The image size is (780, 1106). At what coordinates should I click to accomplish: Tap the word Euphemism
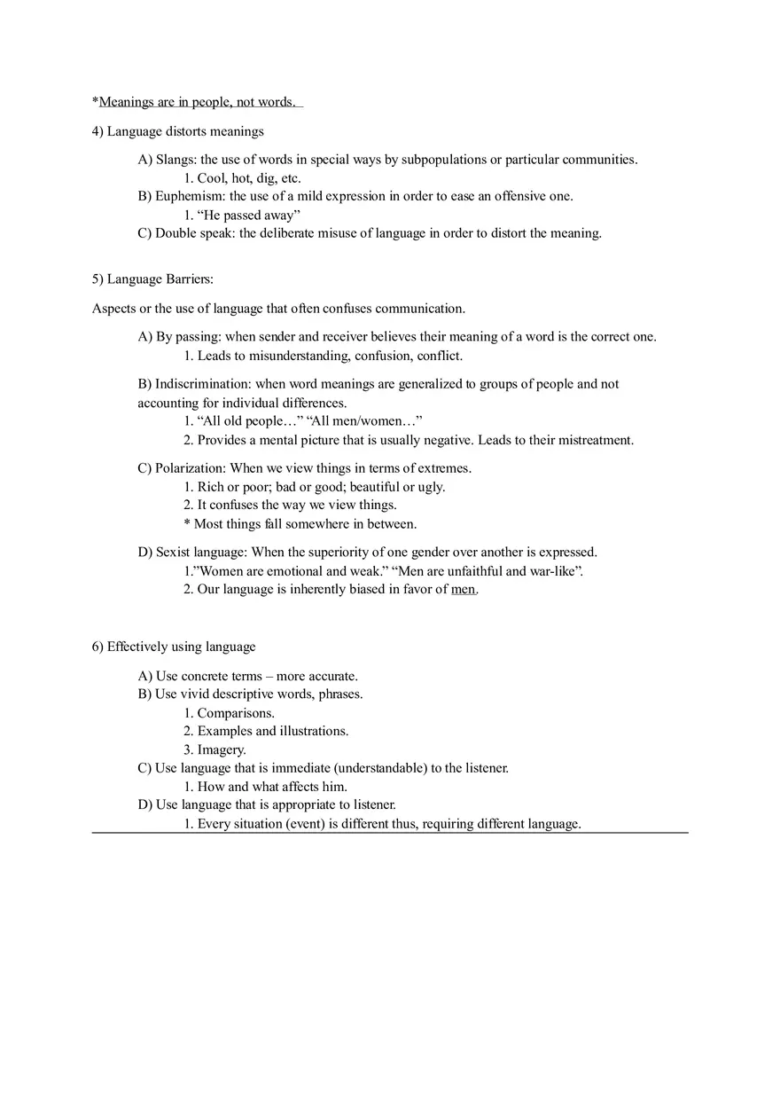[189, 196]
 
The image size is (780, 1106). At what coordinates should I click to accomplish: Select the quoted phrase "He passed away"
[249, 215]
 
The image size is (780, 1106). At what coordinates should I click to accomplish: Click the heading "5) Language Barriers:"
[152, 279]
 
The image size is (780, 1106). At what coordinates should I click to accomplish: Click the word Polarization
[191, 468]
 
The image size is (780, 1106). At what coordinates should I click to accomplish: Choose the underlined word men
[464, 590]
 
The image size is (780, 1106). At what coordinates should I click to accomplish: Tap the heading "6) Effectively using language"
[174, 647]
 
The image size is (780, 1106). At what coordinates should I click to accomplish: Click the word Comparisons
[236, 713]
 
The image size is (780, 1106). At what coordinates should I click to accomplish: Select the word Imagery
[222, 750]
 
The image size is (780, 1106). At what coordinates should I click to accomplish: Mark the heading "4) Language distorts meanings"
[177, 131]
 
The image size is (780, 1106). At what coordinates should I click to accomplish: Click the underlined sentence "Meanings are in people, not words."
[197, 102]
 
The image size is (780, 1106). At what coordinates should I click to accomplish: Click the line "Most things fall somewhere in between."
[305, 524]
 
